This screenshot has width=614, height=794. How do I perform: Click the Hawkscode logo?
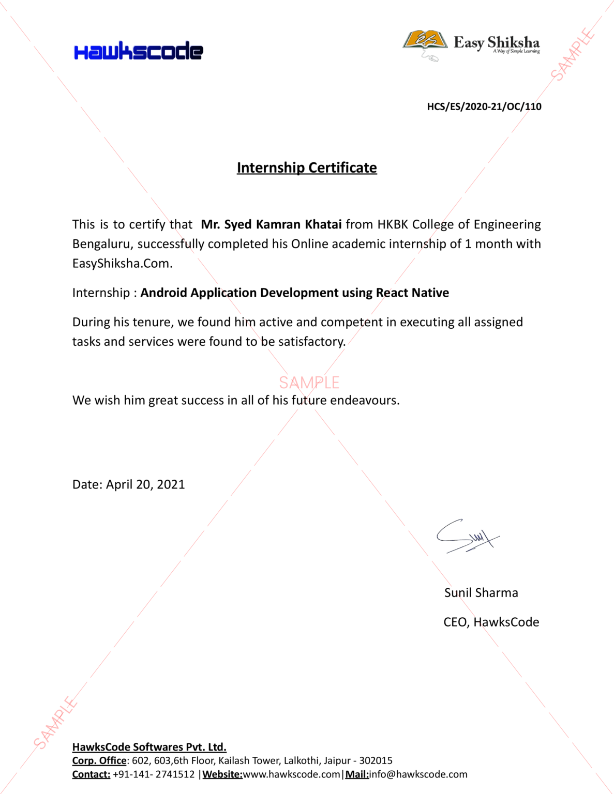(x=138, y=51)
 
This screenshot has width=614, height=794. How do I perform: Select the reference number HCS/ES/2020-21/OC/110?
(x=484, y=107)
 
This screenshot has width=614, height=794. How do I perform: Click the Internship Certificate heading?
(x=307, y=168)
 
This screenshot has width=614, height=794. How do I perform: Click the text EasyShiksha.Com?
(x=122, y=264)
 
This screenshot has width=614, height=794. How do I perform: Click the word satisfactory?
(x=311, y=342)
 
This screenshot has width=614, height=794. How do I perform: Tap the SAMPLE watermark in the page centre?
(x=309, y=383)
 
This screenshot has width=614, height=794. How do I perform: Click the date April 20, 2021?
(x=145, y=484)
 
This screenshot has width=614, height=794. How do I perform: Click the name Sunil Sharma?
(x=481, y=593)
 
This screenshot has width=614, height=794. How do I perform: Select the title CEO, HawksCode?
(x=491, y=622)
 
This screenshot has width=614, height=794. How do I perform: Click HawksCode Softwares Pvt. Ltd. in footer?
(x=149, y=747)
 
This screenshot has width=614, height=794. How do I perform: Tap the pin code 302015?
(x=376, y=761)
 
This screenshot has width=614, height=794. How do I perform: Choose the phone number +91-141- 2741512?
(x=154, y=774)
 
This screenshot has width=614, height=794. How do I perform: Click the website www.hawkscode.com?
(x=292, y=774)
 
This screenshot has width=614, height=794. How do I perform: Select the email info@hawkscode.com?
(x=418, y=774)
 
